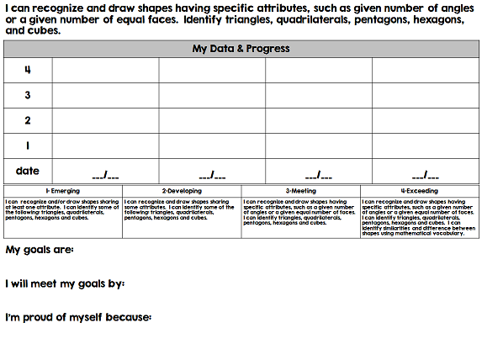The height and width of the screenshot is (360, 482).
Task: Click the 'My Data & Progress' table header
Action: pyautogui.click(x=241, y=49)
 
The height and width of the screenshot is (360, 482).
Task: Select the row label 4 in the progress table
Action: pyautogui.click(x=28, y=70)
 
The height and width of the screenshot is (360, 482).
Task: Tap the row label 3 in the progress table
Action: pyautogui.click(x=28, y=95)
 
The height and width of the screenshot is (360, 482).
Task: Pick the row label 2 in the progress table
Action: pyautogui.click(x=28, y=120)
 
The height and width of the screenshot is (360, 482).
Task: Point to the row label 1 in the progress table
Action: pyautogui.click(x=28, y=146)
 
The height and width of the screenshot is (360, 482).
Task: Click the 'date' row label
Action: pyautogui.click(x=28, y=171)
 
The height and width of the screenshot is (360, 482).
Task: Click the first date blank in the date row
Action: pyautogui.click(x=105, y=175)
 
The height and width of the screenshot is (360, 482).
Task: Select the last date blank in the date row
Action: pyautogui.click(x=426, y=175)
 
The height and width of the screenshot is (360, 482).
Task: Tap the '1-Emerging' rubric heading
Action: pyautogui.click(x=63, y=191)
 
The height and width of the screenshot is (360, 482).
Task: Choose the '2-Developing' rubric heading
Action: pyautogui.click(x=182, y=191)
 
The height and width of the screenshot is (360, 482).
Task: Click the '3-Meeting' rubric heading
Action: pyautogui.click(x=300, y=191)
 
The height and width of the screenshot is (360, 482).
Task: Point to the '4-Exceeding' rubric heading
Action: pyautogui.click(x=420, y=191)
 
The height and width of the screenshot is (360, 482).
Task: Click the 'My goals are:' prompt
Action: pyautogui.click(x=40, y=250)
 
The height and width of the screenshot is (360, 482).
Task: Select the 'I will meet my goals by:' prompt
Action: pyautogui.click(x=65, y=283)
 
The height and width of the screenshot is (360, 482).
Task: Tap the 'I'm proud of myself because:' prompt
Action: pyautogui.click(x=78, y=317)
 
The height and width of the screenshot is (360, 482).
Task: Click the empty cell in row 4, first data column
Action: pyautogui.click(x=105, y=70)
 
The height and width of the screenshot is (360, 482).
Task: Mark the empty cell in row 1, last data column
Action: pyautogui.click(x=426, y=146)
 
